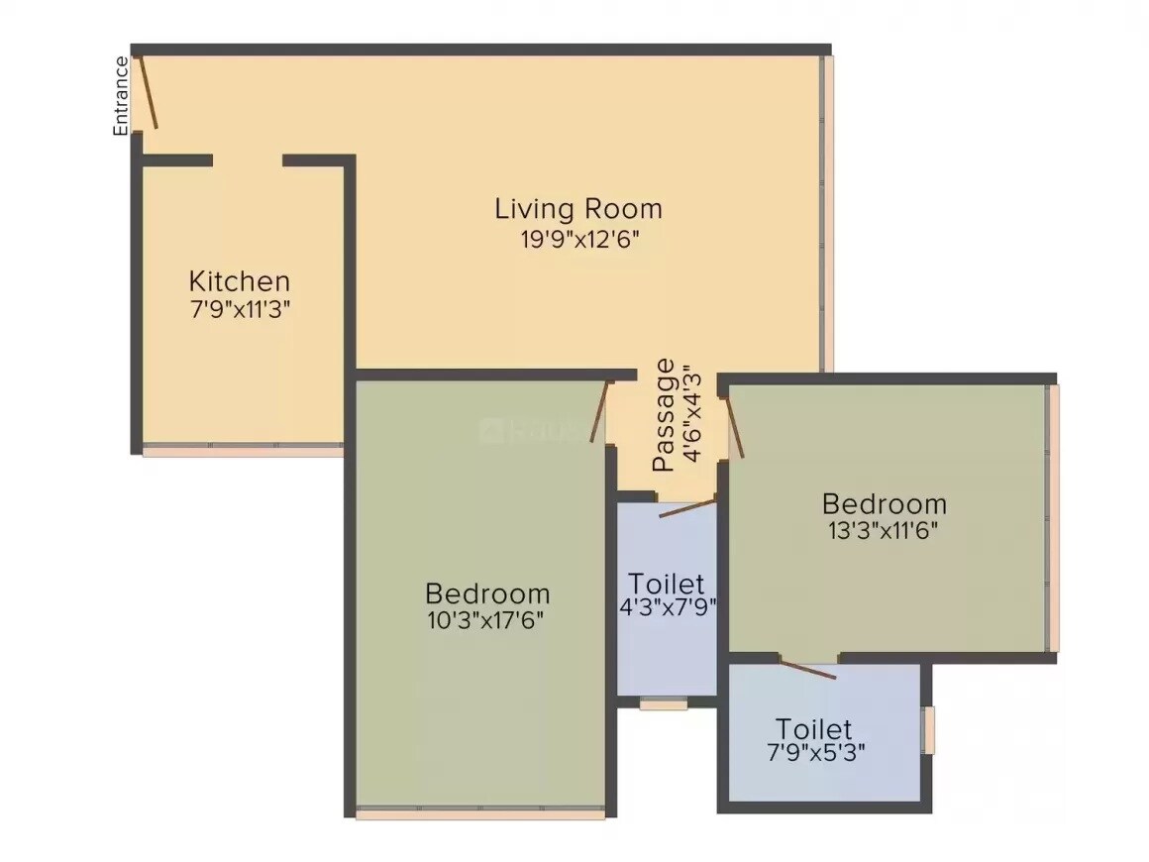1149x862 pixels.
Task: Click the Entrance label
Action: pos(121,96)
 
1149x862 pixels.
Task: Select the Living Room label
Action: pos(578,209)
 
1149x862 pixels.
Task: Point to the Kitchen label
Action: pos(240,280)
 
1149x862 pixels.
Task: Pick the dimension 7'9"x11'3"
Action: pos(240,308)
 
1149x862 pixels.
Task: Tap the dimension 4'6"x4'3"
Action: pos(692,415)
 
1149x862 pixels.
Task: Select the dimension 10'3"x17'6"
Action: pos(486,621)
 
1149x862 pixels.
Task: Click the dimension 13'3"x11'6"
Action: pos(884,530)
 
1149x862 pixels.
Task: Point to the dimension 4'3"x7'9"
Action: pos(667,607)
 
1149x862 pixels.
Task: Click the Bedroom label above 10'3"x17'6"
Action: pos(486,593)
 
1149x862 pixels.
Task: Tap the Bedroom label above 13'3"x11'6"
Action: pos(884,503)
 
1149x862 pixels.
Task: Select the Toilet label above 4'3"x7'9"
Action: pos(667,583)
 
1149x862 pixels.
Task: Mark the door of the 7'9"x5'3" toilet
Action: pos(808,669)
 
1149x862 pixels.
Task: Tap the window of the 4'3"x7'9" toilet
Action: pos(664,704)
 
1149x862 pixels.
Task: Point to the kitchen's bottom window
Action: pos(243,450)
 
